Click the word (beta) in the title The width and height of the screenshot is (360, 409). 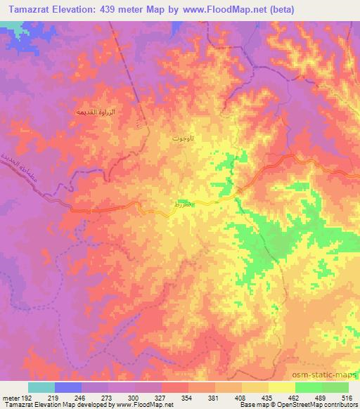(277, 10)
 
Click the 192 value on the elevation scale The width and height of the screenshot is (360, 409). (26, 397)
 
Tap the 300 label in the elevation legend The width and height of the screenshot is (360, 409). (134, 397)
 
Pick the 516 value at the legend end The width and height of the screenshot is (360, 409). (347, 397)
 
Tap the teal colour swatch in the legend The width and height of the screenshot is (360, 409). (41, 387)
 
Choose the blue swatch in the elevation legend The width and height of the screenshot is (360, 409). (67, 387)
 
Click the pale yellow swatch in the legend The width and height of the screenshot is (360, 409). (281, 387)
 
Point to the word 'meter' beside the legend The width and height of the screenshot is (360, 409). (10, 397)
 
